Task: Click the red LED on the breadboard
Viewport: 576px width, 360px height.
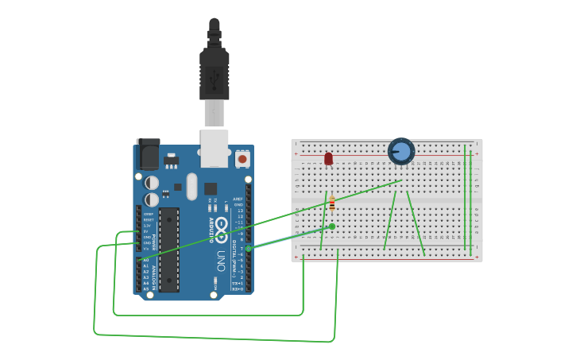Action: pyautogui.click(x=328, y=159)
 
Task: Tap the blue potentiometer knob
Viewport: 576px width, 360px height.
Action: pyautogui.click(x=401, y=151)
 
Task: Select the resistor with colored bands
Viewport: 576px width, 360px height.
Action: pyautogui.click(x=332, y=203)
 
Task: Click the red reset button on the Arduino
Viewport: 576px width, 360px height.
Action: pyautogui.click(x=242, y=158)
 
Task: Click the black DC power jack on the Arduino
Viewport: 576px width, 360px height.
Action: pyautogui.click(x=148, y=153)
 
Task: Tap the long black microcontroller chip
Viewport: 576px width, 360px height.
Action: pyautogui.click(x=169, y=250)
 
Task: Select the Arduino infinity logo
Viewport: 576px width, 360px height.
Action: pyautogui.click(x=221, y=225)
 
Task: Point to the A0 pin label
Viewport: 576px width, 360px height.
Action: pyautogui.click(x=146, y=260)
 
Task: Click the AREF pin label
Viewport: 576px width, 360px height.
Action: pyautogui.click(x=238, y=199)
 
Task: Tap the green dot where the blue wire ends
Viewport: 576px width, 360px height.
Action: pyautogui.click(x=331, y=226)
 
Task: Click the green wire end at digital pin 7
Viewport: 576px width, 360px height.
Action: pyautogui.click(x=248, y=249)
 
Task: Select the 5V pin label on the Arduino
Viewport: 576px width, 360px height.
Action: pyautogui.click(x=146, y=231)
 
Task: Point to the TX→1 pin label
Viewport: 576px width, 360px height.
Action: pyautogui.click(x=238, y=283)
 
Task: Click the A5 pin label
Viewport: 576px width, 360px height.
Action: pyautogui.click(x=146, y=288)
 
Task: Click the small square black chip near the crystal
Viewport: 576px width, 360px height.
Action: pyautogui.click(x=211, y=189)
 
